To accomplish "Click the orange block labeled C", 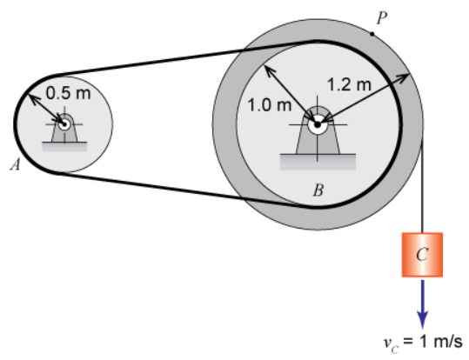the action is click(422, 255).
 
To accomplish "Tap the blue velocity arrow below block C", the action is click(422, 304).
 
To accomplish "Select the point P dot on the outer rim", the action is click(372, 34).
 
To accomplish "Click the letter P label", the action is click(382, 18).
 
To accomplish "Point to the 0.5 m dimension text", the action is click(68, 93).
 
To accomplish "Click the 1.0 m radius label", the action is click(270, 105).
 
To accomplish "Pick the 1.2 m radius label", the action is click(350, 84).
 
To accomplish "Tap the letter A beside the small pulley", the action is click(16, 164).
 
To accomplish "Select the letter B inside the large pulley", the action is click(318, 190).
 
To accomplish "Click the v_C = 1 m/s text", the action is click(423, 343).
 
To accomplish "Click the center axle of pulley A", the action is click(64, 123).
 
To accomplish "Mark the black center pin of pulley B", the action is click(318, 124).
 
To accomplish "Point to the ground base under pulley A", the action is click(64, 146).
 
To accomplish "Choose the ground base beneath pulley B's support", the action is click(318, 162).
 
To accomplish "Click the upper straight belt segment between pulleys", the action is click(185, 57).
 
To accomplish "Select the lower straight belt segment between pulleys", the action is click(185, 190).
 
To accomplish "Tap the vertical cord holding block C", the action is click(422, 185).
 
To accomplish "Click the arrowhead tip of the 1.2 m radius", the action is click(409, 74).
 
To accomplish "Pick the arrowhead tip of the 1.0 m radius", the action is click(265, 66).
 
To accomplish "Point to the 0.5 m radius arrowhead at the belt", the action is click(29, 95).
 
